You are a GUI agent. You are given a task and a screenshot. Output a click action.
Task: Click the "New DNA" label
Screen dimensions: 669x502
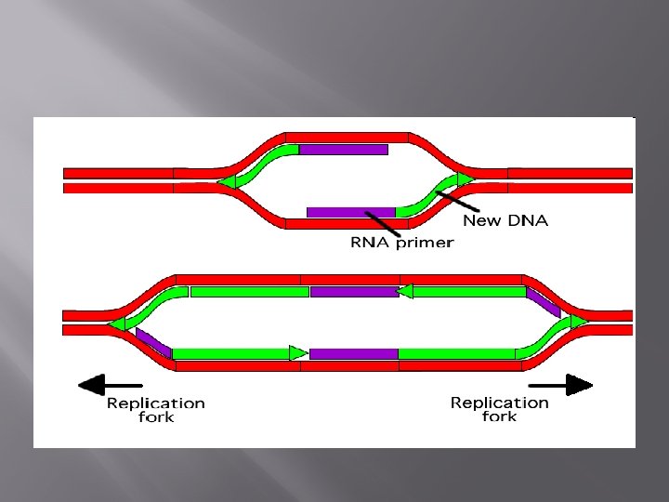(x=505, y=220)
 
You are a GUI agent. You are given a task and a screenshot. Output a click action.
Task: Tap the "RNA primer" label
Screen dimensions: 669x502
(x=401, y=243)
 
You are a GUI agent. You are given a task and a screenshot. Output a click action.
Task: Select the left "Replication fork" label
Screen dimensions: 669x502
(x=155, y=410)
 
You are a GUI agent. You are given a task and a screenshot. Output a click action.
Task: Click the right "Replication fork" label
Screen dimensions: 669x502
(x=500, y=409)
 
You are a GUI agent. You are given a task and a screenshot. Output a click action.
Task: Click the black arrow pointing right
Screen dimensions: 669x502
(x=561, y=384)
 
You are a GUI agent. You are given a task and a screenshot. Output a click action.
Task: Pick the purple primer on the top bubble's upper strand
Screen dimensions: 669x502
(x=343, y=149)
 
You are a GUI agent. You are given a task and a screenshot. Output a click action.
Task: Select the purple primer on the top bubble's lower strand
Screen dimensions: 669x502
(x=350, y=212)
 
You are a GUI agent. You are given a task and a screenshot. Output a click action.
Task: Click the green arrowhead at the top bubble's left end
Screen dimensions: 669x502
(x=226, y=182)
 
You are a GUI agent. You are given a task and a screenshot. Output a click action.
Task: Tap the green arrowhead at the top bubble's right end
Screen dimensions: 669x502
(x=465, y=178)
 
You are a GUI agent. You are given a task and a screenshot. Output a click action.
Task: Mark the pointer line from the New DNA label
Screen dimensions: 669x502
(x=457, y=192)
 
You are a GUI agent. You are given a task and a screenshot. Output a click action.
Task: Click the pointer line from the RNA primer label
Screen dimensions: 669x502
(x=383, y=223)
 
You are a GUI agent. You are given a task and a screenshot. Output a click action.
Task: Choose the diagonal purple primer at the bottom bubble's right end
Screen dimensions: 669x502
(x=543, y=301)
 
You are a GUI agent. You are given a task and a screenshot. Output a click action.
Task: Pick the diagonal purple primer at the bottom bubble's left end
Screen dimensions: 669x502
(x=153, y=341)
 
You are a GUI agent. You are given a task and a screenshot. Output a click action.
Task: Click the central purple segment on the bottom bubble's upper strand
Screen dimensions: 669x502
(x=353, y=292)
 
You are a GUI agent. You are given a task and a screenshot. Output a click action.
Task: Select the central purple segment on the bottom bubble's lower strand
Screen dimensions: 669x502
(x=353, y=354)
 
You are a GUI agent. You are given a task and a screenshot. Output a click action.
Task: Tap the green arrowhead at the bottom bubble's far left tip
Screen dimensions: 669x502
(x=117, y=324)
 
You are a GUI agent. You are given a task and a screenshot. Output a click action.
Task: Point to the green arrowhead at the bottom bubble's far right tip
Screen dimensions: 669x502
(x=579, y=322)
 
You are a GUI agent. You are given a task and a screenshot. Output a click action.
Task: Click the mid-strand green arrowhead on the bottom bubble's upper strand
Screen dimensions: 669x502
(x=404, y=292)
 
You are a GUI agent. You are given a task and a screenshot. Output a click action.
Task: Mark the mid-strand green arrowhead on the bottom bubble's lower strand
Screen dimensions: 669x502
(x=297, y=353)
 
